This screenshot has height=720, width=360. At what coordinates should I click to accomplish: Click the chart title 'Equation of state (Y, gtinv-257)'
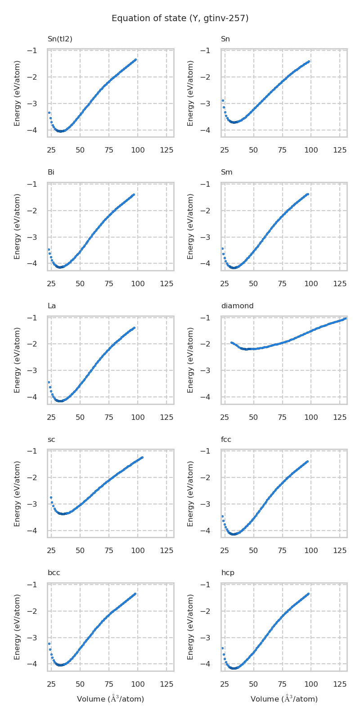[x=180, y=18]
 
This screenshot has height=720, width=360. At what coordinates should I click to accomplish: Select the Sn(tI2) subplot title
[x=60, y=39]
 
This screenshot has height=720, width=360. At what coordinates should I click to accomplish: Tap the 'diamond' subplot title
[x=237, y=306]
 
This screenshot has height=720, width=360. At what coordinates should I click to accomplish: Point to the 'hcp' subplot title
[x=228, y=573]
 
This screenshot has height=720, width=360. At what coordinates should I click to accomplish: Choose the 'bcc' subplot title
[x=54, y=573]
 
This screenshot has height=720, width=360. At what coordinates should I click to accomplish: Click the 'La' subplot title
[x=52, y=306]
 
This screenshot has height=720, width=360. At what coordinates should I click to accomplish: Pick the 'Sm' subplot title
[x=226, y=172]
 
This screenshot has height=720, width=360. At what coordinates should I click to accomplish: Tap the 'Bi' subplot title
[x=51, y=172]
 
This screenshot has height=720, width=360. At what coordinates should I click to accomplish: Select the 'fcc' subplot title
[x=226, y=440]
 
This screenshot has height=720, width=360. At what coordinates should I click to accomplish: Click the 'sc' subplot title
[x=51, y=440]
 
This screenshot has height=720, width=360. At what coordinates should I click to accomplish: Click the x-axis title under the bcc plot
[x=110, y=699]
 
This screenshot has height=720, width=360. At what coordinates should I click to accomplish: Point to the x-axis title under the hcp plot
[x=284, y=699]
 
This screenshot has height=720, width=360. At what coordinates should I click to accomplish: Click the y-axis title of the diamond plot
[x=191, y=360]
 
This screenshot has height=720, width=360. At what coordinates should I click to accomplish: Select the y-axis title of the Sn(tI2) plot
[x=17, y=93]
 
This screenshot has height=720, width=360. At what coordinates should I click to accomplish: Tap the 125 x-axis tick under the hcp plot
[x=340, y=684]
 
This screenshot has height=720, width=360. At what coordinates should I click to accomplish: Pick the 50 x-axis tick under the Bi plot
[x=80, y=283]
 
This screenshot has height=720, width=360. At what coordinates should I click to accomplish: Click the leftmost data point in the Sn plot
[x=223, y=100]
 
